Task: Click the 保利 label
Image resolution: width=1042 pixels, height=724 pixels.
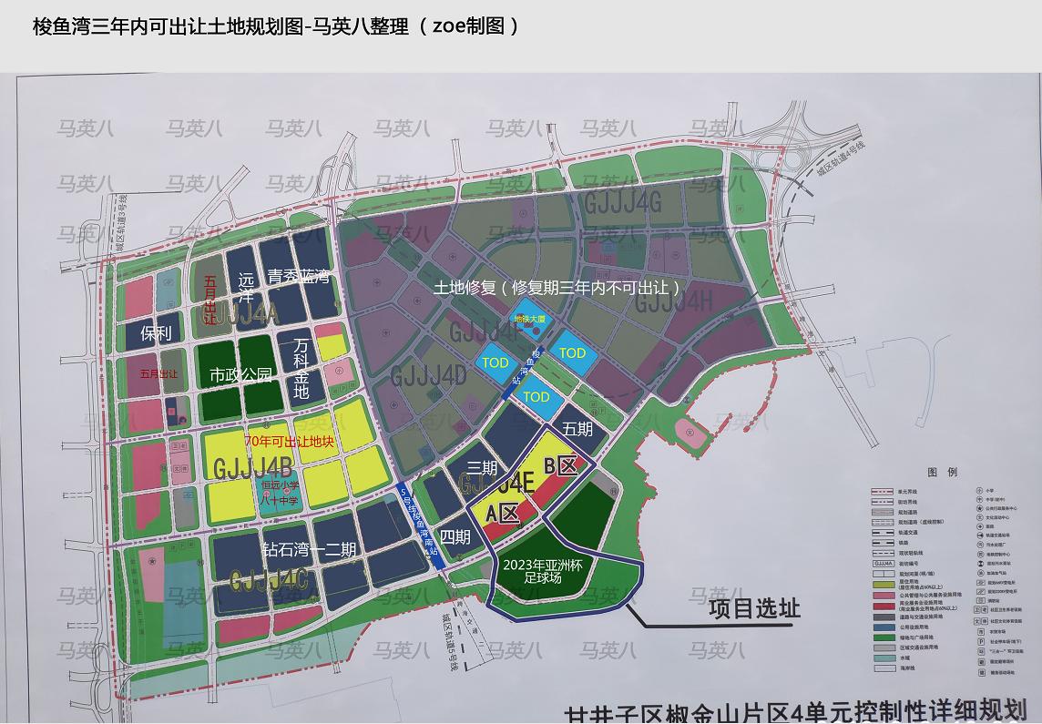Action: tap(156, 333)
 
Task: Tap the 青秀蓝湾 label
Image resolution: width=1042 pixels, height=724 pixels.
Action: tap(298, 277)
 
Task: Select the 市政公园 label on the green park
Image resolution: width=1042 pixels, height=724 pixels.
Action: tap(240, 374)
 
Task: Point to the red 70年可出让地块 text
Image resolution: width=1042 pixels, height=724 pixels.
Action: tap(289, 442)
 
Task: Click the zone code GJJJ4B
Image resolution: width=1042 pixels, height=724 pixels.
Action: tap(252, 469)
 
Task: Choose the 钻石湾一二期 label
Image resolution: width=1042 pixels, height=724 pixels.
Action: tap(309, 549)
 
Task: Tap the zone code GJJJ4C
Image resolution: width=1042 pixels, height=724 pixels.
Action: tap(269, 581)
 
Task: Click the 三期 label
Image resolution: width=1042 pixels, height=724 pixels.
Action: tap(482, 468)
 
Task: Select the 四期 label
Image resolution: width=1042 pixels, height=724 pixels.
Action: tap(455, 537)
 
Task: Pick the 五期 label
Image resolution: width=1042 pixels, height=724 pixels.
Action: tap(577, 429)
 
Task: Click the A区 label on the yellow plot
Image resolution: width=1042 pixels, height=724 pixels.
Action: tap(503, 514)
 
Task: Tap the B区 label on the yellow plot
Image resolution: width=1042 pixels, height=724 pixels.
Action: tap(561, 467)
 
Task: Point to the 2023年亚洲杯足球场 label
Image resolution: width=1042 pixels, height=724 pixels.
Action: tap(542, 571)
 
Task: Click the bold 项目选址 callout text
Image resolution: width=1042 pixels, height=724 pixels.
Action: tap(754, 608)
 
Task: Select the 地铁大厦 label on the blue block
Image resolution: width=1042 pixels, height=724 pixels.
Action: tap(529, 320)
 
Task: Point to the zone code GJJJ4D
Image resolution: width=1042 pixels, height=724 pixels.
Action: tap(428, 375)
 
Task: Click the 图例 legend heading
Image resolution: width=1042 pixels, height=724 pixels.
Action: tap(942, 473)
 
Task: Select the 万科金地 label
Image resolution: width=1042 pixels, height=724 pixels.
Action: tap(301, 369)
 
